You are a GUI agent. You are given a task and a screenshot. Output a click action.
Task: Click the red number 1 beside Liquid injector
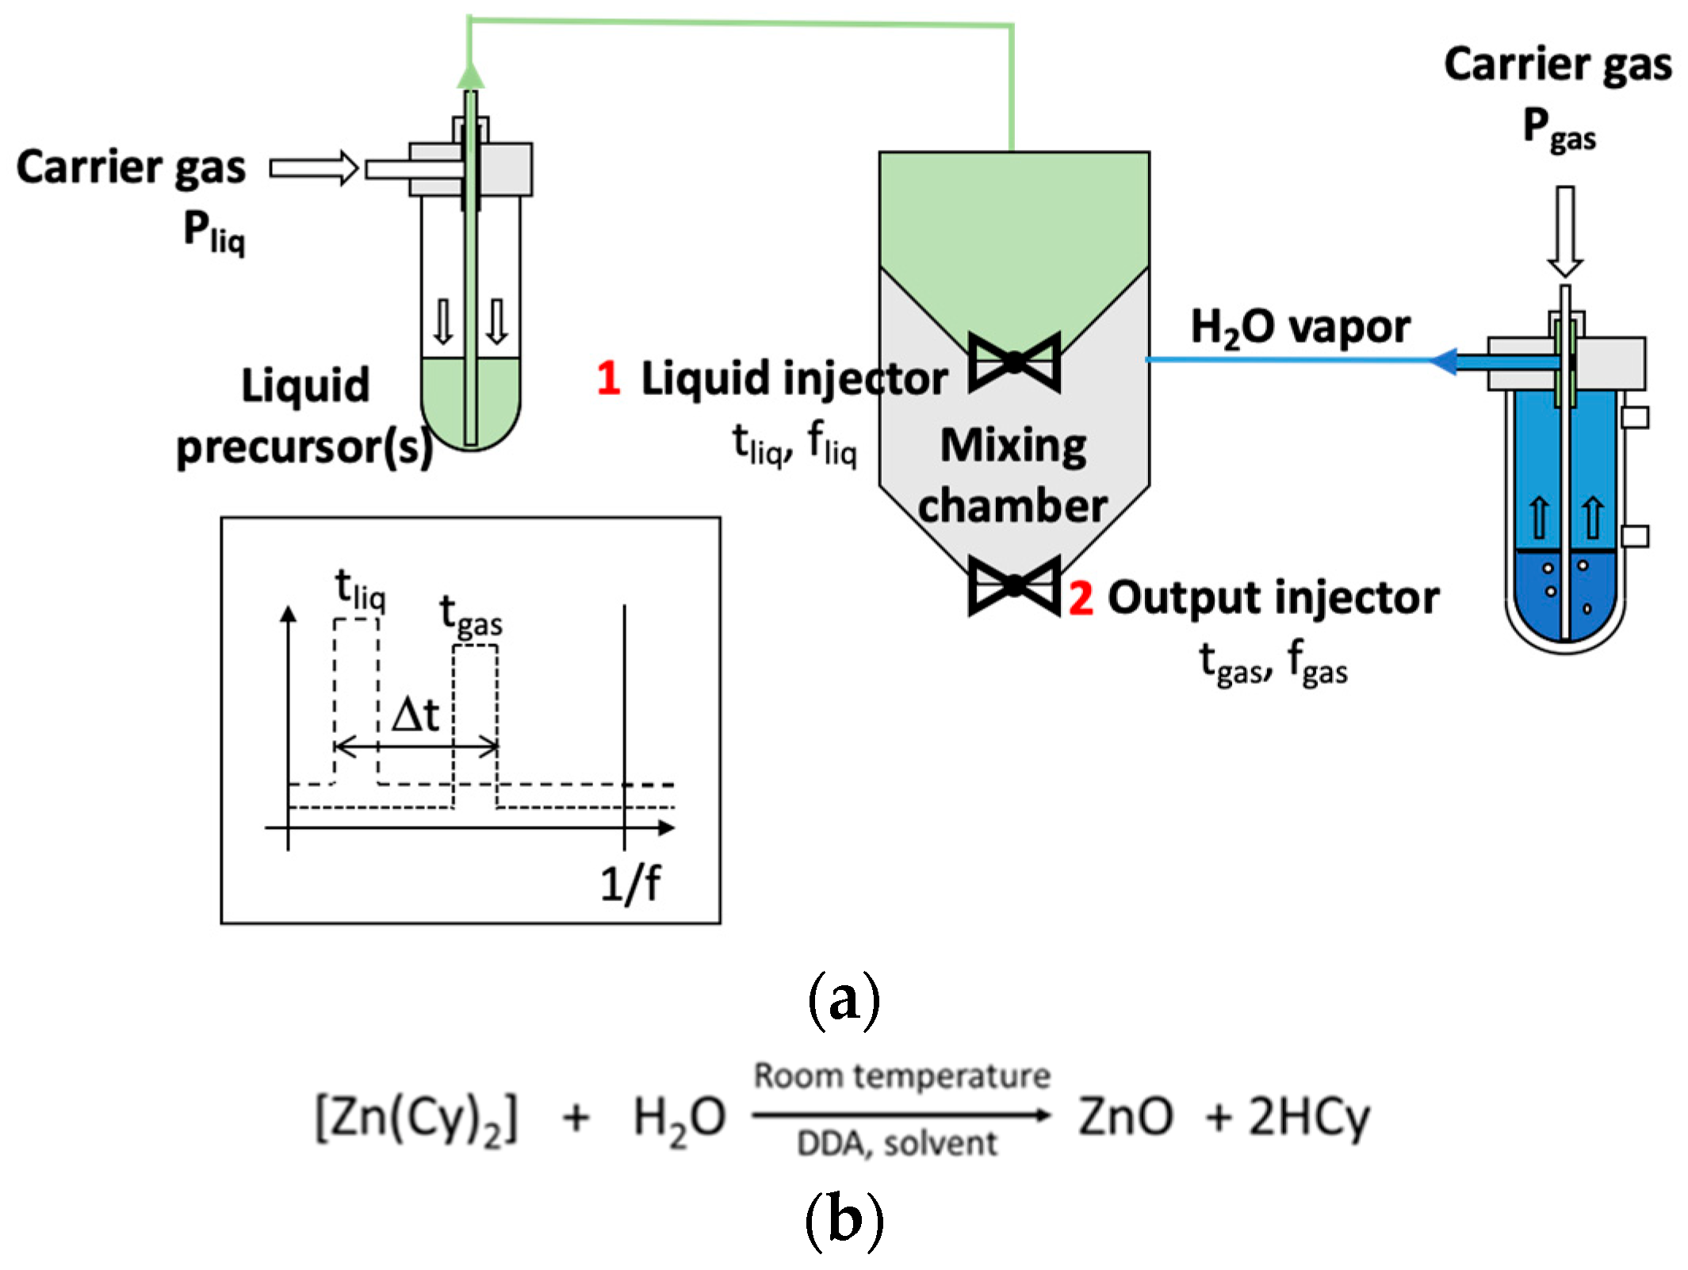coord(608,378)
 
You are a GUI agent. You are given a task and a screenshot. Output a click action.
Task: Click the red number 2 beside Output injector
coord(1081,598)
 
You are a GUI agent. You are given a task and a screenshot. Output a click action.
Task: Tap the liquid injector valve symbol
coord(1014,362)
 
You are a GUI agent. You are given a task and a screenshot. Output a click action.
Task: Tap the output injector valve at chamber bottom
coord(1014,585)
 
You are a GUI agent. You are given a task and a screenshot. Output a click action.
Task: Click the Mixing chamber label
coord(1012,474)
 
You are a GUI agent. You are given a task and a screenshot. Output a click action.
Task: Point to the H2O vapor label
coord(1300,328)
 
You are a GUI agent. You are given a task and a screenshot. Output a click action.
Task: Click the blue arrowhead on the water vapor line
coord(1443,362)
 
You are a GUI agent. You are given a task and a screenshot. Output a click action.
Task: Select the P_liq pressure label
coord(214,232)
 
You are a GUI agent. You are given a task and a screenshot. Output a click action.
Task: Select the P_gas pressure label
coord(1558,129)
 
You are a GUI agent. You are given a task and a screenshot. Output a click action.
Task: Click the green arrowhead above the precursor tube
coord(470,76)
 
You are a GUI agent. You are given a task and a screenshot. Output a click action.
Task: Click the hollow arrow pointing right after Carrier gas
coord(314,168)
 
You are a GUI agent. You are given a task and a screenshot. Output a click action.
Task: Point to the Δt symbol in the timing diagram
coord(415,714)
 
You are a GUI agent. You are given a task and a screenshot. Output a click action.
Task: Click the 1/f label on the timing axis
coord(630,883)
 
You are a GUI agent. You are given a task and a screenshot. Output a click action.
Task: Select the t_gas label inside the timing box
coord(471,616)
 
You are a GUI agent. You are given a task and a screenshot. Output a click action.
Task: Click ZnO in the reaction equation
coord(1125,1116)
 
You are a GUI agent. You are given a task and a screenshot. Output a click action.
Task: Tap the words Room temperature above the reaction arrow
coord(901,1076)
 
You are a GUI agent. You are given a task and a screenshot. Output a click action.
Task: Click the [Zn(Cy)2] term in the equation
coord(416,1118)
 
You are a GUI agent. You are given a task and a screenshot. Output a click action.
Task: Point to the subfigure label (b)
coord(844,1219)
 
